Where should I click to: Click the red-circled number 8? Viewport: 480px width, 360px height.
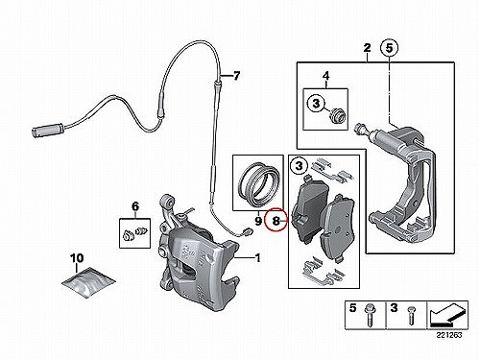[276, 220]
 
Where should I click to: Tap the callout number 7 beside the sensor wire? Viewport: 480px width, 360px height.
[236, 76]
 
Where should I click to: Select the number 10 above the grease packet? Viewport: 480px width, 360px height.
[77, 258]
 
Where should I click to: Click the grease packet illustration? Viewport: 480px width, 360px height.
[88, 280]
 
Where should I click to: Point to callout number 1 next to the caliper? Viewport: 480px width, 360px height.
[257, 257]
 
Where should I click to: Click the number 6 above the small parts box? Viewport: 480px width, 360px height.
[135, 206]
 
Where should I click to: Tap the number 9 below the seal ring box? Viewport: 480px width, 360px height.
[258, 221]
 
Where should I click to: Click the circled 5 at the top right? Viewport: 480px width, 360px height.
[389, 48]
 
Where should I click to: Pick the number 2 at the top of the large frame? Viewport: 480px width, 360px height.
[367, 48]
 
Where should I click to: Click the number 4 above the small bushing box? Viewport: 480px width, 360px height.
[325, 76]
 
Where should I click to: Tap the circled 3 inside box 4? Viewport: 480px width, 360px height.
[316, 104]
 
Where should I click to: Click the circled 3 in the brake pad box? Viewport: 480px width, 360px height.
[299, 166]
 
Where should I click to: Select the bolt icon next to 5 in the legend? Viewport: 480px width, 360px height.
[371, 315]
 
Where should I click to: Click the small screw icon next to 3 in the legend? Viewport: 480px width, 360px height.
[411, 314]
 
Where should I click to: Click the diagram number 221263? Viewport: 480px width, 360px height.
[450, 335]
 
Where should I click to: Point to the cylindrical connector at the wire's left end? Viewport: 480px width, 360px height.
[48, 132]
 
